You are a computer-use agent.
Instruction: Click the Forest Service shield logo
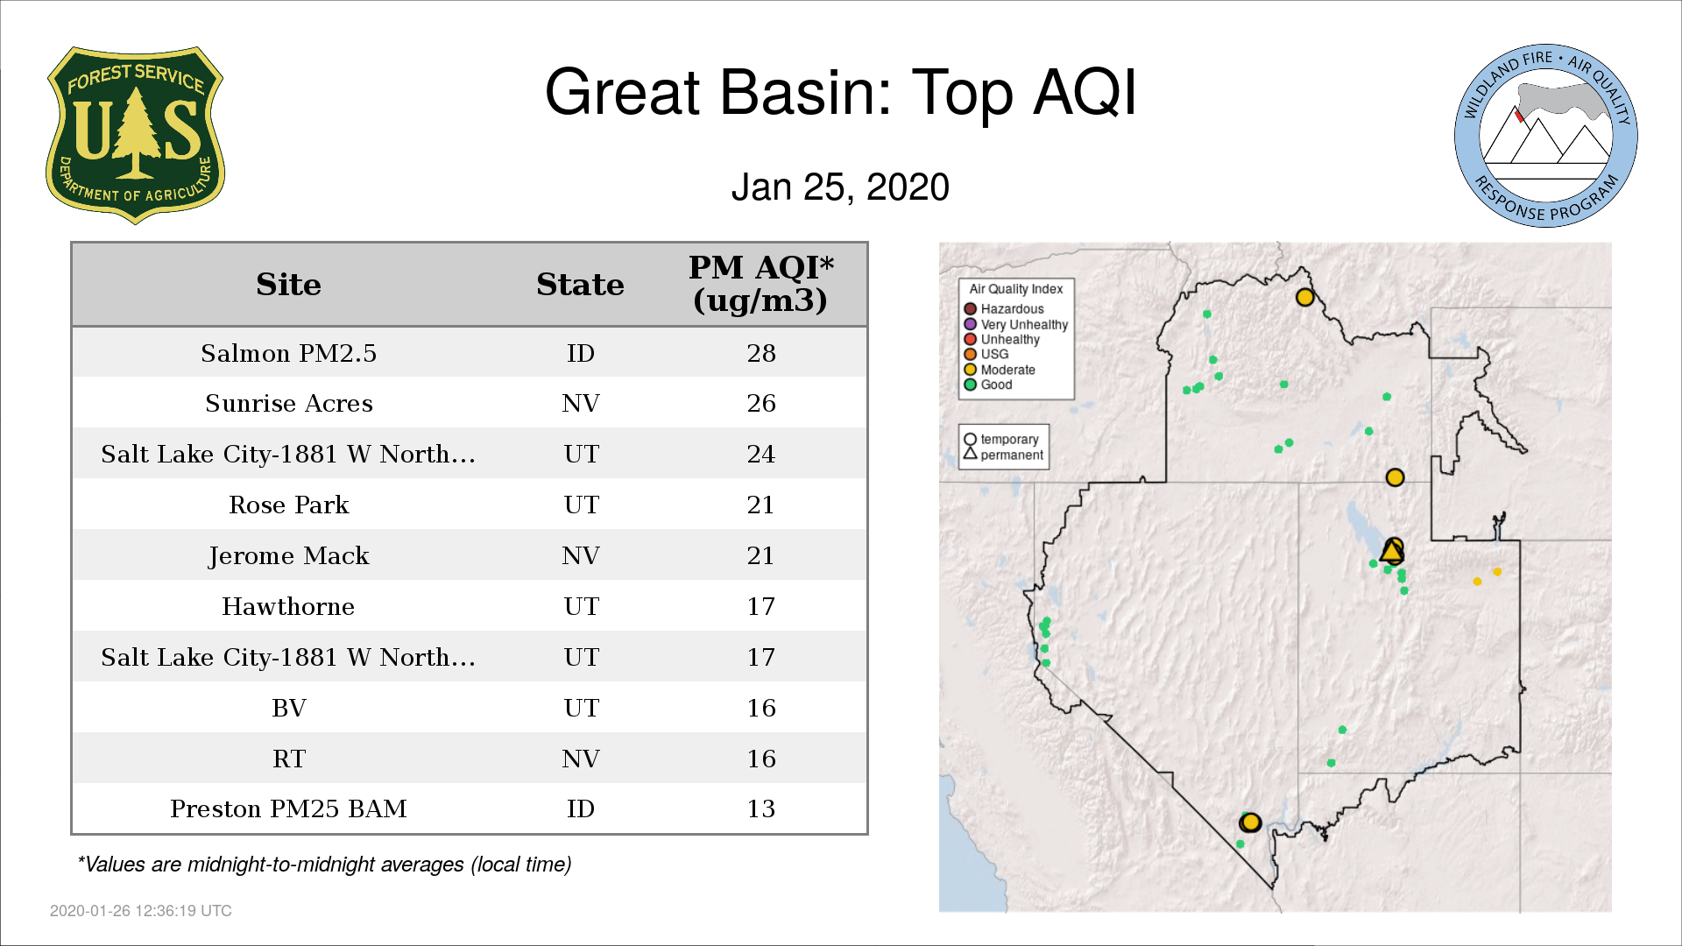[x=135, y=136]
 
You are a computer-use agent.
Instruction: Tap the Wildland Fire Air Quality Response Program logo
[x=1546, y=136]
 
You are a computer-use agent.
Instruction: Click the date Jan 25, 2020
[x=840, y=187]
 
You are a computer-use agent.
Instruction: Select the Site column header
[x=288, y=285]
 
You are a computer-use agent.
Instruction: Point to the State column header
[x=580, y=285]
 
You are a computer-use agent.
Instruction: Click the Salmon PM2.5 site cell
[x=288, y=353]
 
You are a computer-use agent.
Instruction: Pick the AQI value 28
[x=761, y=353]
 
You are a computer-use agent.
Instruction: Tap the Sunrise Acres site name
[x=289, y=403]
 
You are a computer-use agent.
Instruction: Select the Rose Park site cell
[x=289, y=505]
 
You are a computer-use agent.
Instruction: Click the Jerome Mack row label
[x=289, y=555]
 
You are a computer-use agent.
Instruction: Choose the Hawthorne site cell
[x=288, y=606]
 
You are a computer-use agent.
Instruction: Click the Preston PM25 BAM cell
[x=288, y=808]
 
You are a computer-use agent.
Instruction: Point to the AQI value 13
[x=761, y=808]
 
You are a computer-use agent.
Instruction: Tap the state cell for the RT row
[x=581, y=759]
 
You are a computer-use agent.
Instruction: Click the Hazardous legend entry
[x=1004, y=309]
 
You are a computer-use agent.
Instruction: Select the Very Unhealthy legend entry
[x=1016, y=324]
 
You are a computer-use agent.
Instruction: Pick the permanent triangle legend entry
[x=1004, y=455]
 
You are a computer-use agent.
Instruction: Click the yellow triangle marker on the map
[x=1391, y=552]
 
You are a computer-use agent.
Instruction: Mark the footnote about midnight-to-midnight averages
[x=324, y=865]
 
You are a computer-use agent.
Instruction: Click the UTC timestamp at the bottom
[x=141, y=911]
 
